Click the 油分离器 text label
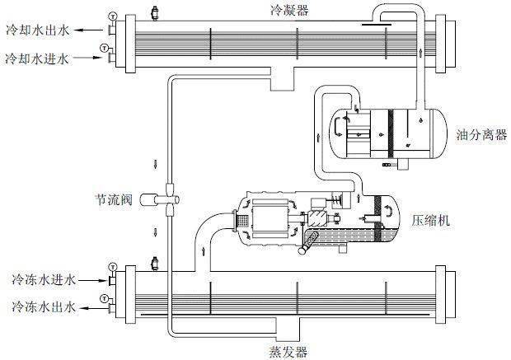(x=476, y=133)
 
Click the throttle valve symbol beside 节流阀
(x=168, y=199)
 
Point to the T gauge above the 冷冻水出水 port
(x=104, y=298)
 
